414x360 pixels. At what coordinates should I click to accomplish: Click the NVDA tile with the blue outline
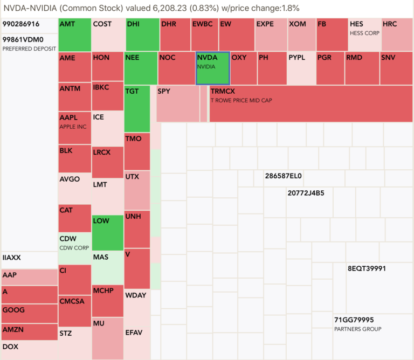[x=212, y=68]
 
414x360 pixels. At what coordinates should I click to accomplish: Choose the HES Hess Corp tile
[x=364, y=34]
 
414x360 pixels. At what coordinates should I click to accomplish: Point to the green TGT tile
[x=137, y=108]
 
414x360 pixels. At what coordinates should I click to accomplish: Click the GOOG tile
[x=29, y=313]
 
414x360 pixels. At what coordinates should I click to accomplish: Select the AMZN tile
[x=29, y=331]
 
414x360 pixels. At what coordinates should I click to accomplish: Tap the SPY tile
[x=177, y=103]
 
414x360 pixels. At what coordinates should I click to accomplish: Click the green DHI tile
[x=142, y=34]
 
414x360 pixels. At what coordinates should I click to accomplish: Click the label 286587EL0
[x=284, y=176]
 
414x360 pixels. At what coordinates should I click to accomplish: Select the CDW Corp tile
[x=74, y=242]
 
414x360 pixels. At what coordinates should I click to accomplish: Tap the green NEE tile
[x=141, y=68]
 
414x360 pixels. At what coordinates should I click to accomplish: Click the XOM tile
[x=301, y=34]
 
